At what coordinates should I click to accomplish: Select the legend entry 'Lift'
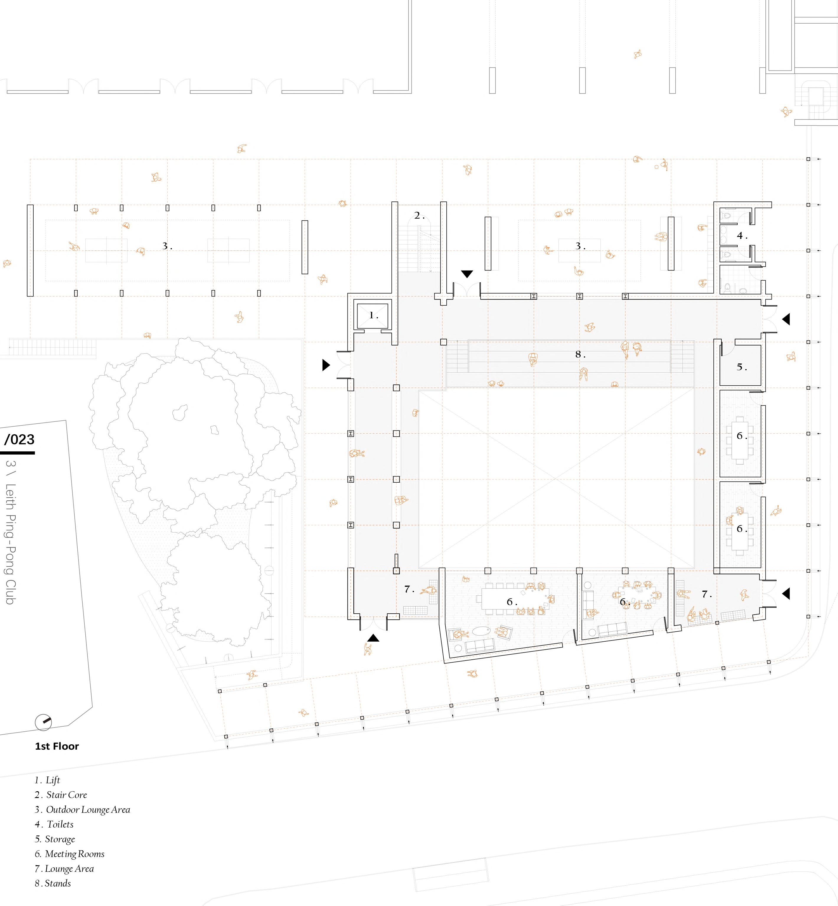[48, 780]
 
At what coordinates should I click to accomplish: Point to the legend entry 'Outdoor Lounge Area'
[83, 810]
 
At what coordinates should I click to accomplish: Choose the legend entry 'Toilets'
[54, 824]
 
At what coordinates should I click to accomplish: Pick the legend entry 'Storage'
[55, 839]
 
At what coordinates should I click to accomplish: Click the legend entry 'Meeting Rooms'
[70, 854]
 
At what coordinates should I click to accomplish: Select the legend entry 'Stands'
[53, 883]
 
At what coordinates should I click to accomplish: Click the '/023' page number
[19, 439]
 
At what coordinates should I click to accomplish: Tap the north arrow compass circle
[43, 722]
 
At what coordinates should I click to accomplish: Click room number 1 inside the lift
[373, 315]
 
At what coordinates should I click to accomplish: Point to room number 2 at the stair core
[419, 216]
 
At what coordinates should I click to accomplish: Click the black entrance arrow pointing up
[373, 638]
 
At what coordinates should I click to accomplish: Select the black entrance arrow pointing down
[467, 274]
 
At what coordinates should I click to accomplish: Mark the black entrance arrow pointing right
[326, 365]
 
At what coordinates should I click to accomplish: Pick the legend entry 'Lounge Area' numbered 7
[64, 868]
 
